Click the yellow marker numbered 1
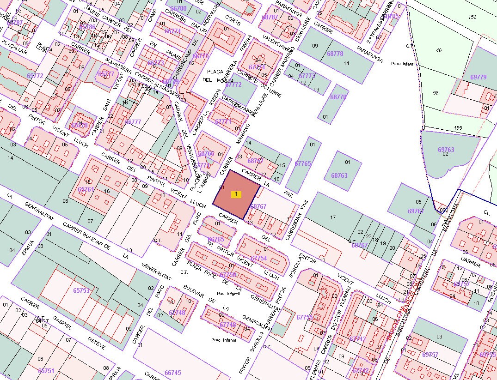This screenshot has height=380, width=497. tap(236, 194)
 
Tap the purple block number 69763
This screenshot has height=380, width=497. tap(446, 150)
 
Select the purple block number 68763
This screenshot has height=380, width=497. tap(339, 175)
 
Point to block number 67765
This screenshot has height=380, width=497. tap(303, 163)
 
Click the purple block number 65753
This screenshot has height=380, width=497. tap(81, 290)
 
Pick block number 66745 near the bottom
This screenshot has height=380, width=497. tap(172, 373)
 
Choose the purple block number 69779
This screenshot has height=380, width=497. tap(478, 77)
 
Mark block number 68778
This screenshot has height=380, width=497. tap(335, 54)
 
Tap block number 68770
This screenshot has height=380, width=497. tap(338, 97)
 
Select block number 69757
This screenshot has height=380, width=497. tap(430, 355)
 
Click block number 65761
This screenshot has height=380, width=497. tap(86, 189)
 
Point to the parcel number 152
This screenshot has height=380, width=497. tap(472, 17)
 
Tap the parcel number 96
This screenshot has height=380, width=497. tap(435, 93)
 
